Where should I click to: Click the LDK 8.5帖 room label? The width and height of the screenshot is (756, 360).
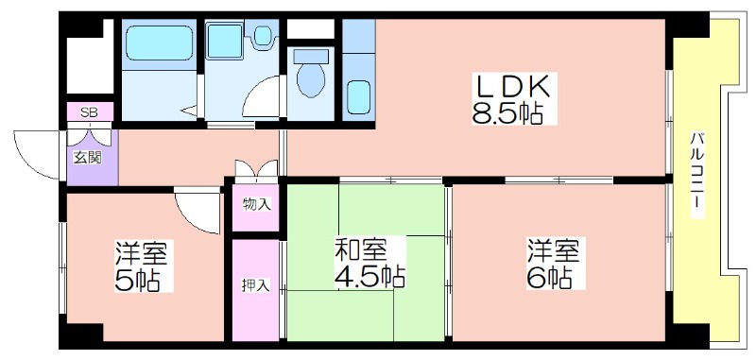pyautogui.click(x=514, y=99)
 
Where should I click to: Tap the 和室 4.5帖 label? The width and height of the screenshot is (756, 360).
pyautogui.click(x=369, y=263)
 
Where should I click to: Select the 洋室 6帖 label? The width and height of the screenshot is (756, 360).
pyautogui.click(x=556, y=263)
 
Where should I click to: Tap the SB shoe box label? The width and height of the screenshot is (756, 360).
pyautogui.click(x=89, y=113)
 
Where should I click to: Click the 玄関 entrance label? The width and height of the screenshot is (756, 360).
pyautogui.click(x=88, y=158)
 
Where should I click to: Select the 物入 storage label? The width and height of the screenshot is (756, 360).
pyautogui.click(x=256, y=205)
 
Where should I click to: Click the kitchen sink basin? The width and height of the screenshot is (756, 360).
pyautogui.click(x=358, y=97)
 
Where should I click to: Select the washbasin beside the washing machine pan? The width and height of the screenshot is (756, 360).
pyautogui.click(x=263, y=35)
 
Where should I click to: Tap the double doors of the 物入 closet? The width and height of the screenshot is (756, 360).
pyautogui.click(x=256, y=170)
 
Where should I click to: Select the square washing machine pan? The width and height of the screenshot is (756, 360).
pyautogui.click(x=224, y=42)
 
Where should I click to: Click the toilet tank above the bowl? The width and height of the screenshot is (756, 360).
pyautogui.click(x=311, y=57)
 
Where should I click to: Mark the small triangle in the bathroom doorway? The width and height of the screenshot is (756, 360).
pyautogui.click(x=191, y=111)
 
